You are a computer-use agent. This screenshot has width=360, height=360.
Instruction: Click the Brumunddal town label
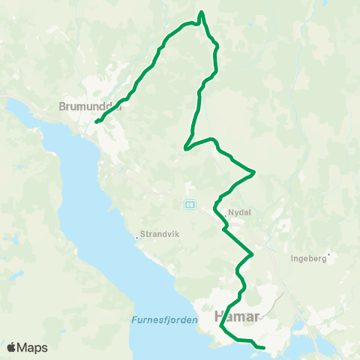(89, 106)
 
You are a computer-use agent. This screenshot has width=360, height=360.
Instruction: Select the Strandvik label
(158, 233)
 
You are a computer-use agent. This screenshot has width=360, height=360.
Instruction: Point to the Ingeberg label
(309, 259)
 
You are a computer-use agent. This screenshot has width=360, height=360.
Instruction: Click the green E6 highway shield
(190, 203)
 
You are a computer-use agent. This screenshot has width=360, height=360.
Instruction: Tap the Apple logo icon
(13, 347)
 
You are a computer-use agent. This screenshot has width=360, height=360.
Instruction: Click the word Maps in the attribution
(33, 347)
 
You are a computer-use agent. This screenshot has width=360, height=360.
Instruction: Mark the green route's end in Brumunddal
(97, 121)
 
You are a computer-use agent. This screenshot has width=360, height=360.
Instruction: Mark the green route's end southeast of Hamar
(264, 347)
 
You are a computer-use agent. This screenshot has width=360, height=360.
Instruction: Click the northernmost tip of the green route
(202, 12)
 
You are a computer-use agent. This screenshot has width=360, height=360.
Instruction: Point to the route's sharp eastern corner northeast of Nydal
(255, 172)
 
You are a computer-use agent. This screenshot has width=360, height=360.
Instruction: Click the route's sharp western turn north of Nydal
(185, 148)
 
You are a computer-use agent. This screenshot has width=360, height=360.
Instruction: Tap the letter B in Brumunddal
(61, 106)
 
